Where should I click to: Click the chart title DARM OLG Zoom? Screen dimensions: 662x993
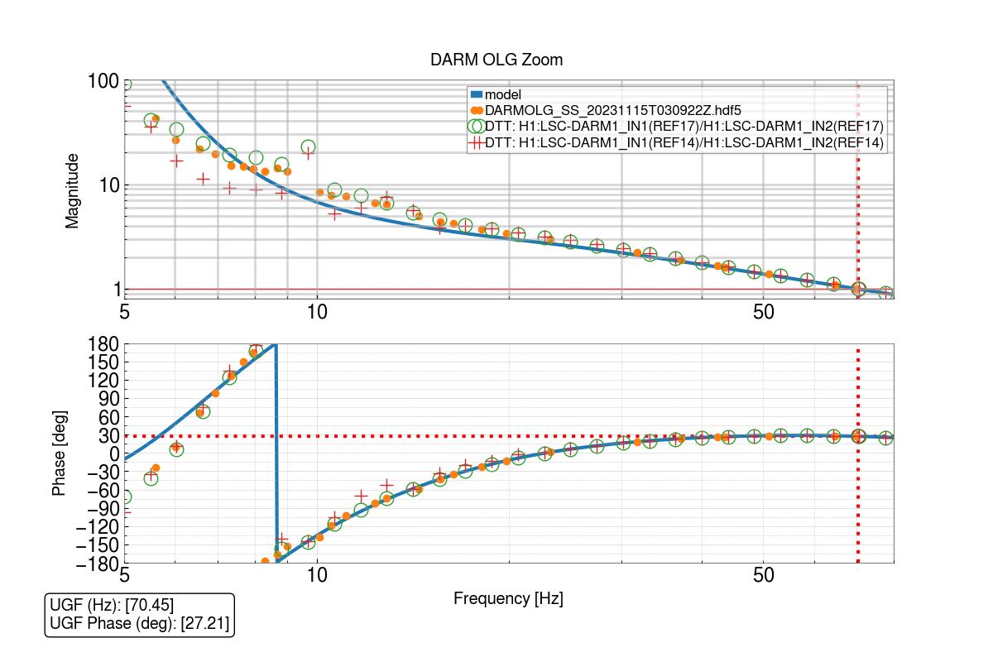496,60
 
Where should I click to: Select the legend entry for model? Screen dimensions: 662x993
503,95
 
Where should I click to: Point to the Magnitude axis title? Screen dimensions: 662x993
73,190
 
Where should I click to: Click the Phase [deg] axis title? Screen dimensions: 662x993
59,453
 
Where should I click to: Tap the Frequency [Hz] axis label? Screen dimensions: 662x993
508,598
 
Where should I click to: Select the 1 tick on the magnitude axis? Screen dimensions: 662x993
114,290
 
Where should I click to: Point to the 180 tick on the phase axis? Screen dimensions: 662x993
103,344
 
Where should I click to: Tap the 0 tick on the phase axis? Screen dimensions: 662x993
113,453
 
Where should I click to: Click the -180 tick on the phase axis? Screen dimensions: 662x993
98,563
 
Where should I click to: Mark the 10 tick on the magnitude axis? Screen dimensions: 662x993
108,185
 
